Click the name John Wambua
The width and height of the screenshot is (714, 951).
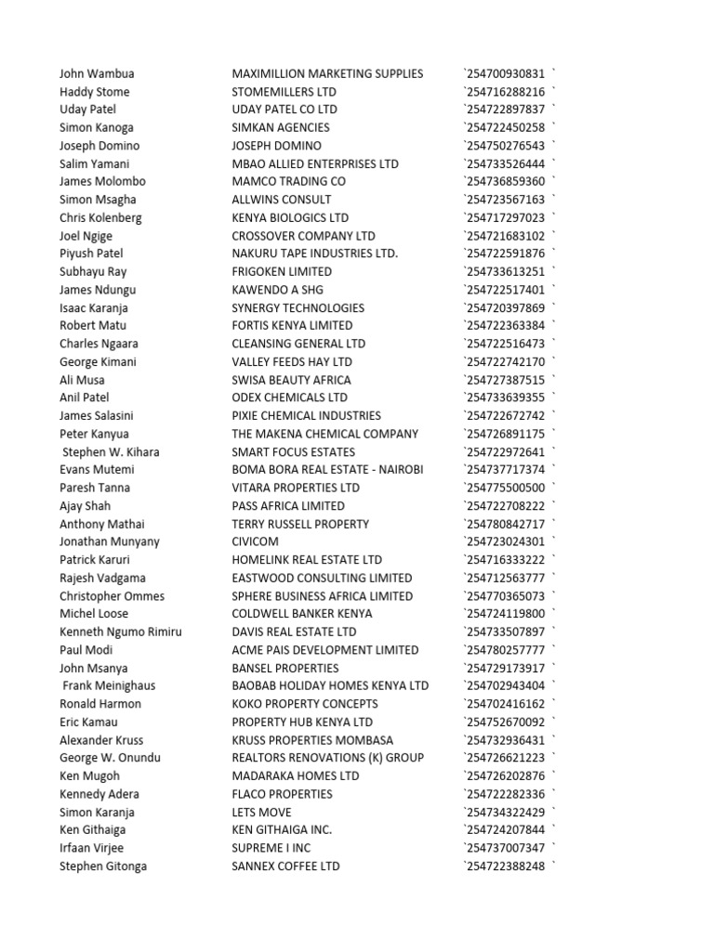[97, 73]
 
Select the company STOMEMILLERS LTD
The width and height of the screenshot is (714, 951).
[284, 92]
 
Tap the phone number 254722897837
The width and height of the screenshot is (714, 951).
[506, 110]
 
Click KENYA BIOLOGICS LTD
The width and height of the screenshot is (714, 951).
[290, 217]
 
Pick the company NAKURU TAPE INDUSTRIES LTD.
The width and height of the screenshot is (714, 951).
[314, 254]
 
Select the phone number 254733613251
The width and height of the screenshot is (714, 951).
[506, 271]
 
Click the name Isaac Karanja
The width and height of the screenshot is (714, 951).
[94, 307]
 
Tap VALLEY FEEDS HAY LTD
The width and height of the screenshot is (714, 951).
[292, 361]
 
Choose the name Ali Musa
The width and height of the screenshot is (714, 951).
[82, 380]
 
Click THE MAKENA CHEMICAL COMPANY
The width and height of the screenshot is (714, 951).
[324, 434]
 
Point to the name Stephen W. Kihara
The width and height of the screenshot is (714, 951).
[111, 451]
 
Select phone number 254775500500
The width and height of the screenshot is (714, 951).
[506, 488]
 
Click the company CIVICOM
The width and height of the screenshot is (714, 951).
[256, 541]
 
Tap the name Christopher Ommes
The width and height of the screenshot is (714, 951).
[112, 596]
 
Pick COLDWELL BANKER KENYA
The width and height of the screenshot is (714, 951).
[301, 614]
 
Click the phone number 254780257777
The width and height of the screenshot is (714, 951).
[506, 650]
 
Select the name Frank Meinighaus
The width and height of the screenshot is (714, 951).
[109, 685]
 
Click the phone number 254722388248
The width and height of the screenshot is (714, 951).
[506, 866]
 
